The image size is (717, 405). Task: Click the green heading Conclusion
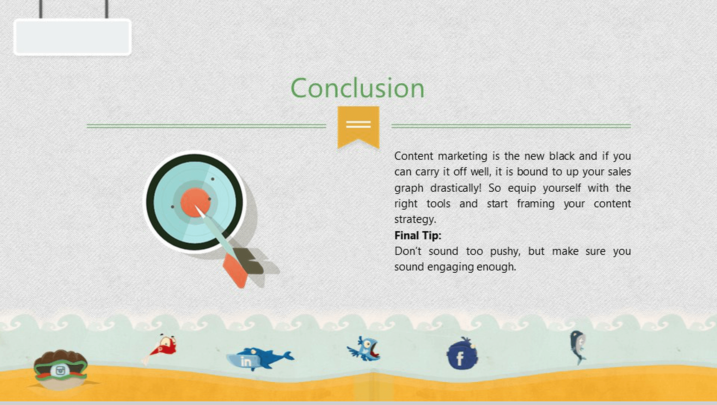click(357, 88)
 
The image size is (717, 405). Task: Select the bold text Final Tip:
click(418, 235)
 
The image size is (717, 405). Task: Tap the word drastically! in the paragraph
click(456, 188)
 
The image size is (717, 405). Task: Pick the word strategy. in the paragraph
click(415, 220)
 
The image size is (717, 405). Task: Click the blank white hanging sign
click(73, 37)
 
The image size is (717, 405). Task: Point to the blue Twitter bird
click(364, 348)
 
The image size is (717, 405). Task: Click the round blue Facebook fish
click(462, 354)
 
